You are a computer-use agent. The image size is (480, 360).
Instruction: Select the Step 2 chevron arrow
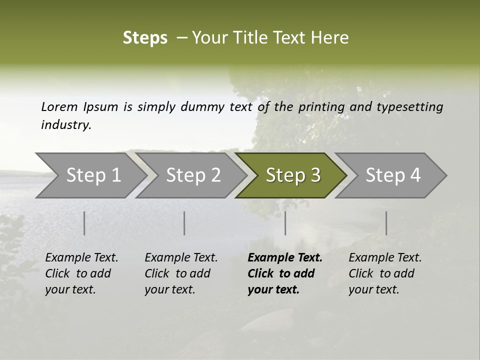coord(193,175)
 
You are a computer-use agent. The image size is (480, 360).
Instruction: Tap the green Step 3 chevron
coord(293,175)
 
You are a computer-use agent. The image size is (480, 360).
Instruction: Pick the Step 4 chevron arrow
coord(393,175)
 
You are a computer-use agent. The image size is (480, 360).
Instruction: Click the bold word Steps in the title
coord(145,38)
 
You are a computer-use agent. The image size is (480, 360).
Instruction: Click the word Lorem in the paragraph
coord(59,106)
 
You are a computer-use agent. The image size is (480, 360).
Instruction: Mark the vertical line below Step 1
coord(84,223)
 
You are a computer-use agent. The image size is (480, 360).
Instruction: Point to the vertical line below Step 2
coord(184,223)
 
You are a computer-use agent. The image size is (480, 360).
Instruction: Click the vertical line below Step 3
coord(285,223)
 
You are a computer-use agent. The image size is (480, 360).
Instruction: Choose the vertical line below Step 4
coord(386,223)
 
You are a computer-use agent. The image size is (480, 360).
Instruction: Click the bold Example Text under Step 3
coord(285,258)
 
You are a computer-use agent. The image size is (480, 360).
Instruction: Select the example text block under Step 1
coord(81,273)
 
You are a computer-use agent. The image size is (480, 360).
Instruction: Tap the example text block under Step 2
coord(181,273)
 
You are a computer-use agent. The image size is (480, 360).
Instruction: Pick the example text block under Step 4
coord(385,273)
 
